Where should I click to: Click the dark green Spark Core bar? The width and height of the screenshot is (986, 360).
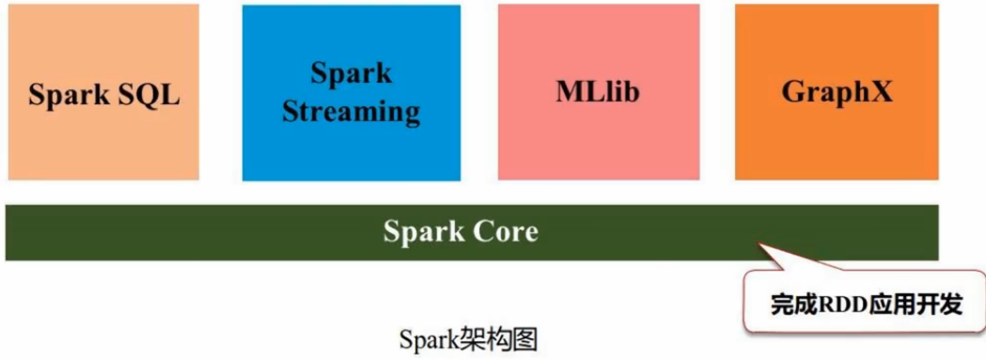click(282, 232)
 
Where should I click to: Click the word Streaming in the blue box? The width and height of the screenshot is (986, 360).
click(351, 111)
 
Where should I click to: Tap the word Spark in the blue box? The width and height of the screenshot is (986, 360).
click(351, 73)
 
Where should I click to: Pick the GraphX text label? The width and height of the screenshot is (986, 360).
click(837, 92)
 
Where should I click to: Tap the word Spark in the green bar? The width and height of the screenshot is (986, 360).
click(425, 231)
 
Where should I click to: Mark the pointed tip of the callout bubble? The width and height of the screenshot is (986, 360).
click(759, 244)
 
